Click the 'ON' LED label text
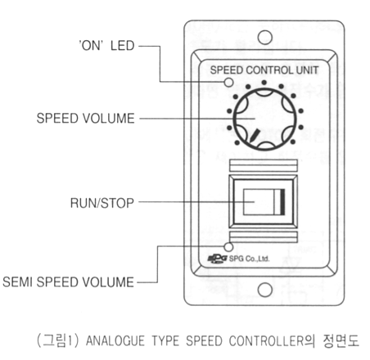(106, 46)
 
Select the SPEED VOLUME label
(85, 119)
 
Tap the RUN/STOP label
(102, 203)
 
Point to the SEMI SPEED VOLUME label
(68, 281)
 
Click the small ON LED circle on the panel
(228, 82)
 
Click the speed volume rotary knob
(264, 119)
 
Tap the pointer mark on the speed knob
(255, 136)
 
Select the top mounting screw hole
(264, 38)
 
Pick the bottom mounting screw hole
(264, 290)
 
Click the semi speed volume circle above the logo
(228, 247)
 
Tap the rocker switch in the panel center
(263, 202)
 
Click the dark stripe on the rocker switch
(282, 201)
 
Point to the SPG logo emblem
(217, 259)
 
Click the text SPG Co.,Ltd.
(249, 259)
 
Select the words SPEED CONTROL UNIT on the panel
(264, 70)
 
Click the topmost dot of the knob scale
(264, 83)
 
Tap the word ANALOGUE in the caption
(115, 340)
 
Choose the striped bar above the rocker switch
(264, 165)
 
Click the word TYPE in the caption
(165, 340)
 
